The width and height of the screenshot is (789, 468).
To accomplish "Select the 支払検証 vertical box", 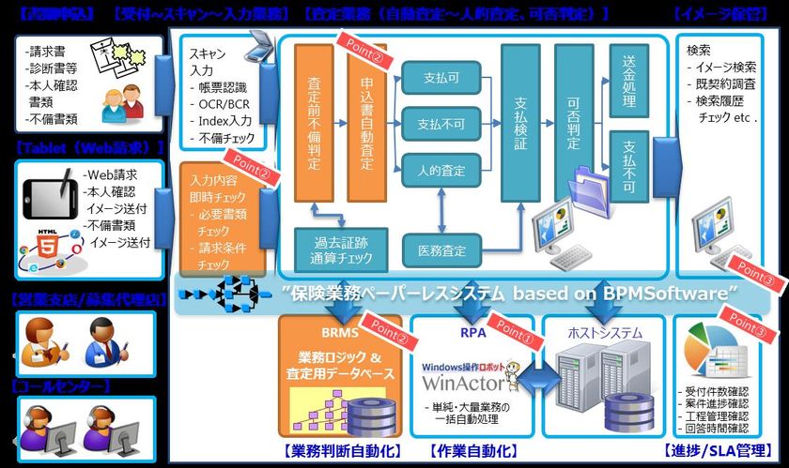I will [x=521, y=122].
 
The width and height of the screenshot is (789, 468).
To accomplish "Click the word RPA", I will [x=472, y=331].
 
